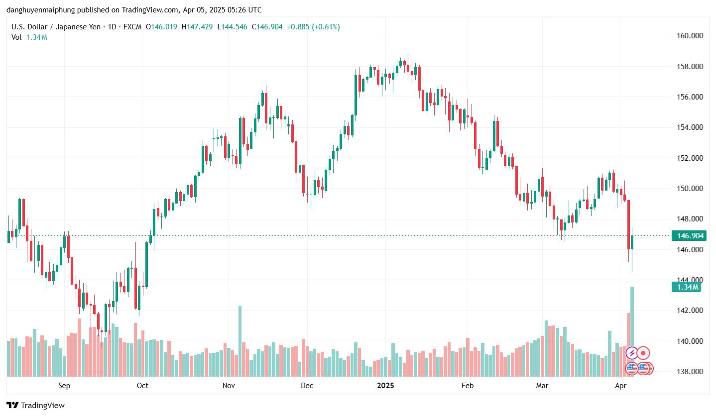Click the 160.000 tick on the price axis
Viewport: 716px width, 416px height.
pos(688,36)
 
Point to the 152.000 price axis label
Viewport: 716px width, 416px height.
pos(688,158)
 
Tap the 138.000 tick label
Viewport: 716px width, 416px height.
pos(688,372)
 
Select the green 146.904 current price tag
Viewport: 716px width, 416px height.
pos(688,235)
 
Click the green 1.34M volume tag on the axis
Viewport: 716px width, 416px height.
pos(686,287)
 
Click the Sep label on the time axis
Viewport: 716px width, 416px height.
pos(64,385)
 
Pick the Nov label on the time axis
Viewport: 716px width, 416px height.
pos(229,385)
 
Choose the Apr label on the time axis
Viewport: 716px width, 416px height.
pos(620,385)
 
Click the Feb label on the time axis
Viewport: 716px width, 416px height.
pos(468,385)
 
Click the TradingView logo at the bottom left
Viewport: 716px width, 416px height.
pos(35,406)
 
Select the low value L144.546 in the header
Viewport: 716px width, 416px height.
pos(232,27)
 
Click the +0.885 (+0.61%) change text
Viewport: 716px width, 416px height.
pos(313,27)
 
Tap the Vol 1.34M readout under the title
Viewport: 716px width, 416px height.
pos(29,37)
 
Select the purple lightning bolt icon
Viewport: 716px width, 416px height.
pos(631,353)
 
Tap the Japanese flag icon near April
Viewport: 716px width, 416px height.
pos(643,353)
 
